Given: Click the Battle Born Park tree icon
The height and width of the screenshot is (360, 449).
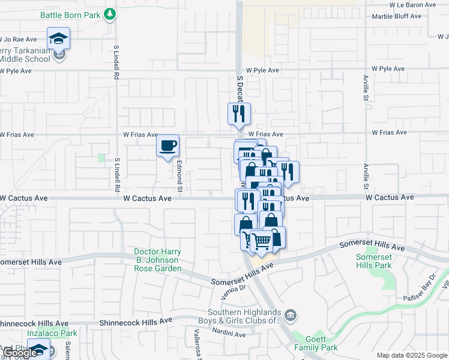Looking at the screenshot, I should [x=109, y=14].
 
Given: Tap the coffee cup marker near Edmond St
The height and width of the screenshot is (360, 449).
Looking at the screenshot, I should [x=167, y=145].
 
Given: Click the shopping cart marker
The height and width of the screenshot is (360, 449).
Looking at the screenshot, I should [x=260, y=241].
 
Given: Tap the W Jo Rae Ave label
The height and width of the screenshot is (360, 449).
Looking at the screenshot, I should [x=18, y=40].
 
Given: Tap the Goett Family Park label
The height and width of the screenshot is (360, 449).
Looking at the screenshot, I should [x=316, y=343].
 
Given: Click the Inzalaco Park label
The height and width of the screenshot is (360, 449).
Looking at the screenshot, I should [x=52, y=333].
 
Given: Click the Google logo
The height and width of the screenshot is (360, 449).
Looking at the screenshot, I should [x=20, y=353].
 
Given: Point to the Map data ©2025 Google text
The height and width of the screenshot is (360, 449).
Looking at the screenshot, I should [x=411, y=355].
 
